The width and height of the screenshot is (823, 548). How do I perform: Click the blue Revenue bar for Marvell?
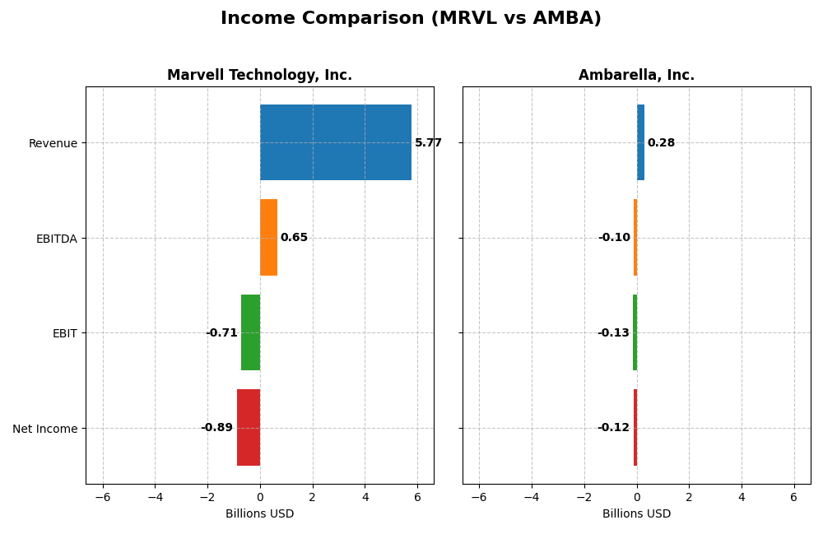tap(335, 142)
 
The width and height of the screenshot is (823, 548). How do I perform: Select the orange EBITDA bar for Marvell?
tap(268, 238)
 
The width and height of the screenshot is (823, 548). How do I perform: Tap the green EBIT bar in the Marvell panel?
tap(250, 332)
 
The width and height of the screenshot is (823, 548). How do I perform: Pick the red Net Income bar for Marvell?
tap(248, 428)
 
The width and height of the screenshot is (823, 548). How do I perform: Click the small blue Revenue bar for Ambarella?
tap(640, 142)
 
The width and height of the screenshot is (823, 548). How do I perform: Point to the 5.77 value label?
tap(428, 143)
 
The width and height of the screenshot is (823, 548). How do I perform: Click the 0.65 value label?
tap(294, 238)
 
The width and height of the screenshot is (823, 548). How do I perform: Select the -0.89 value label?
tap(217, 428)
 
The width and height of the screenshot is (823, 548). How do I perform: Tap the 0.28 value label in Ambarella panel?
tap(661, 143)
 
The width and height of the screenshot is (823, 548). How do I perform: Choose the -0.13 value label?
tap(613, 333)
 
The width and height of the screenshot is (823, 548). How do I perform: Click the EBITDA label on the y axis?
tap(57, 239)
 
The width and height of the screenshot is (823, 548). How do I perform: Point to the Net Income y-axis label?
tap(45, 429)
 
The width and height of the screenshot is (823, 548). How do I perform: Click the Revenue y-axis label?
tap(53, 144)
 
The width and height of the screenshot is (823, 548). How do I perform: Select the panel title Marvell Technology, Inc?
tap(259, 76)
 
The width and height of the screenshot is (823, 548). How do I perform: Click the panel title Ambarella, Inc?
tap(636, 76)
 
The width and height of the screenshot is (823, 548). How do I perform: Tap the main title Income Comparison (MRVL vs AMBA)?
tap(411, 19)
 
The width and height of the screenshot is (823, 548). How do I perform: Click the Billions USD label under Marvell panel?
tap(259, 514)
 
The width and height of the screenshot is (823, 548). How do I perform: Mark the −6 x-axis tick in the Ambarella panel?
tap(479, 498)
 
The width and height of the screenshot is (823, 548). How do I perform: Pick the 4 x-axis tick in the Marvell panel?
tap(365, 498)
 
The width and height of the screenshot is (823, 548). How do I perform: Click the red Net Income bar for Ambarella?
tap(635, 428)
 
